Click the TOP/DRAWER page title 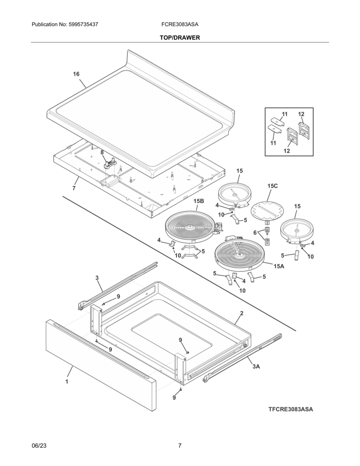pyautogui.click(x=180, y=38)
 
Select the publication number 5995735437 pyautogui.click(x=65, y=25)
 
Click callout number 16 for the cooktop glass pyautogui.click(x=76, y=74)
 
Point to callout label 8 pyautogui.click(x=102, y=152)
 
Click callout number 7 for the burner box pyautogui.click(x=74, y=188)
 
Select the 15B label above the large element pyautogui.click(x=199, y=201)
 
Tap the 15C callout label pyautogui.click(x=273, y=186)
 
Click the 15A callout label pyautogui.click(x=279, y=266)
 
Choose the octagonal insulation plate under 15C pyautogui.click(x=267, y=210)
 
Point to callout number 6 pyautogui.click(x=255, y=233)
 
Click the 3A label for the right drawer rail pyautogui.click(x=256, y=366)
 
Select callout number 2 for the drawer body pyautogui.click(x=241, y=313)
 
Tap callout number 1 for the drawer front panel pyautogui.click(x=66, y=381)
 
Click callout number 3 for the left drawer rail pyautogui.click(x=97, y=278)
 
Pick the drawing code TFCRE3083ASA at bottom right pyautogui.click(x=291, y=409)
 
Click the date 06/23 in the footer pyautogui.click(x=39, y=446)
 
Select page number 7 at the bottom pyautogui.click(x=180, y=446)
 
